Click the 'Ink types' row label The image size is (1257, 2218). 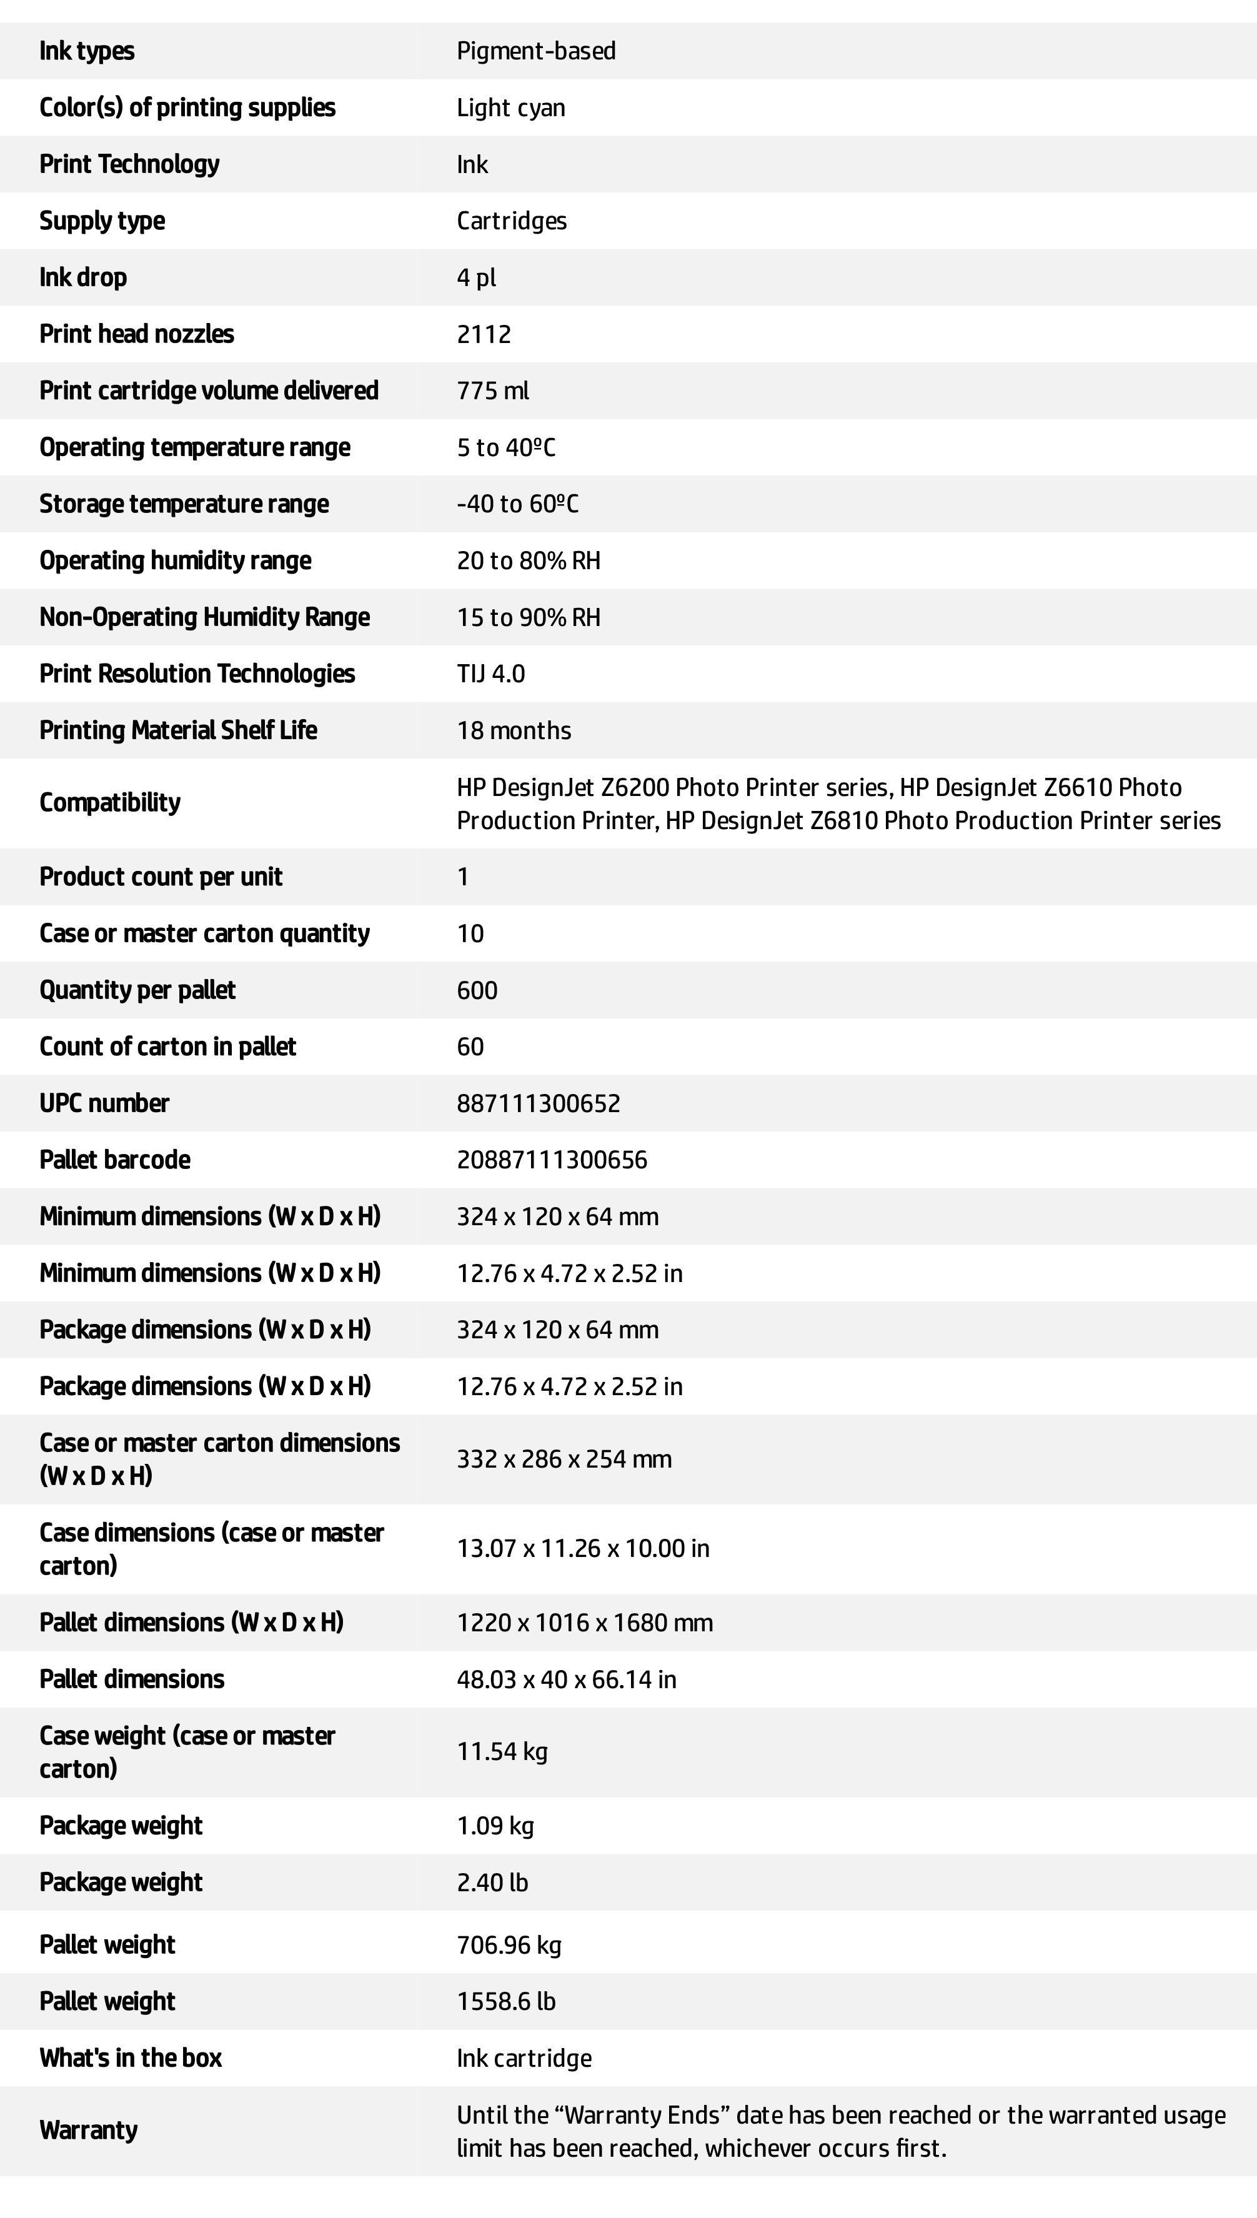coord(86,51)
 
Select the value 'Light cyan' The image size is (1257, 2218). coord(510,108)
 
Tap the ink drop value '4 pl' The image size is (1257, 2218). coord(475,278)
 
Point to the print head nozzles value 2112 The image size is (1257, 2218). coord(484,334)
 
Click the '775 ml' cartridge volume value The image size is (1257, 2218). coord(492,391)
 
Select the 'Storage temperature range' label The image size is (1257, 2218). coord(184,504)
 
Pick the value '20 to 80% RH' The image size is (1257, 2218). coord(529,561)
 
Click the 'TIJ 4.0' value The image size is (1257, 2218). coord(490,674)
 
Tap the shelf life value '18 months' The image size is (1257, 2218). coord(514,730)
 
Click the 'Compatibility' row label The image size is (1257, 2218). coord(109,803)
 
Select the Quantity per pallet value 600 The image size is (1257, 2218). coord(477,990)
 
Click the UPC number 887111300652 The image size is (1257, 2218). coord(538,1103)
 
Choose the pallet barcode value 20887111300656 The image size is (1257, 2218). coord(552,1160)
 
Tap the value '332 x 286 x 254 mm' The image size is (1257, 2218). coord(564,1459)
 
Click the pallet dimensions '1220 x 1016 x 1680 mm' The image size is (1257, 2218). coord(585,1623)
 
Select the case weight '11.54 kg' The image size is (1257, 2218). coord(502,1752)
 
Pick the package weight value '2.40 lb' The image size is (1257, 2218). coord(492,1882)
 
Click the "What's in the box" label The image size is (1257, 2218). coord(131,2058)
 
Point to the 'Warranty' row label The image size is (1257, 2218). coord(88,2131)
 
